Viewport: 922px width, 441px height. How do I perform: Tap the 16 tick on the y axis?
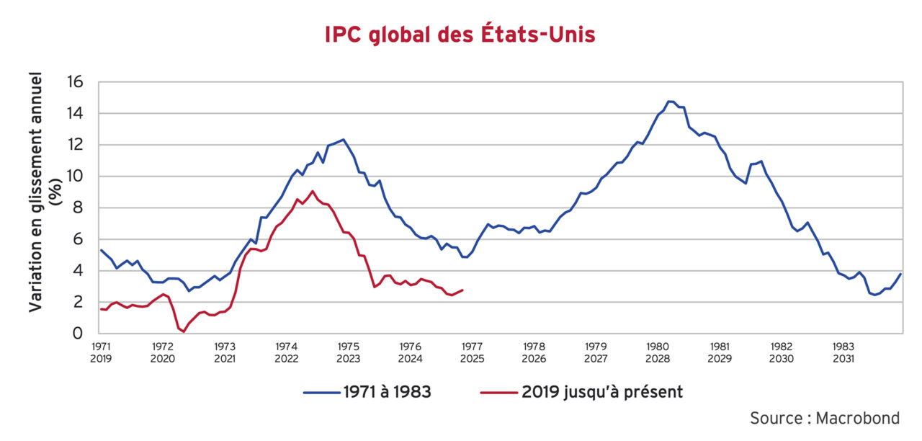(x=76, y=82)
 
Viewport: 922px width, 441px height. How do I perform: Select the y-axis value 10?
(x=76, y=177)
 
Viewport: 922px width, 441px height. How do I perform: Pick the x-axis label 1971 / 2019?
(x=102, y=352)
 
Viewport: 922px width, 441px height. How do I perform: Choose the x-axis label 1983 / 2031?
(x=843, y=352)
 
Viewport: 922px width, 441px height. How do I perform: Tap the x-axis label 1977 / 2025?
(x=473, y=352)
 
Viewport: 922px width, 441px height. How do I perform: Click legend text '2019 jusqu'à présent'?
(x=603, y=392)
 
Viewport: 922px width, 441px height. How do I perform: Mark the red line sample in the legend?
(x=498, y=393)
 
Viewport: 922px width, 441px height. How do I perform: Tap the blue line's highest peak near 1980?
(x=670, y=102)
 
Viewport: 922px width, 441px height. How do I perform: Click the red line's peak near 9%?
(x=312, y=191)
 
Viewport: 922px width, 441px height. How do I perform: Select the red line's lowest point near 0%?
(x=184, y=331)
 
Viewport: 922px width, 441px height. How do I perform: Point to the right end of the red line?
(x=462, y=290)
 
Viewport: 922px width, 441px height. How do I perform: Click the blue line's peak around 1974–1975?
(x=344, y=140)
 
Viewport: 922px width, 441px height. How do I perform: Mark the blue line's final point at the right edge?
(x=901, y=274)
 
